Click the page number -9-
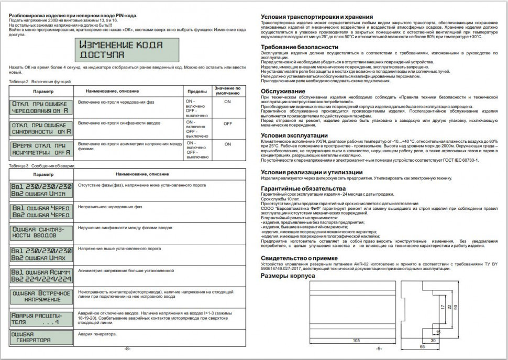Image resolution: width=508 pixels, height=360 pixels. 379,348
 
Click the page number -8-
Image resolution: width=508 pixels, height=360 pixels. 127,348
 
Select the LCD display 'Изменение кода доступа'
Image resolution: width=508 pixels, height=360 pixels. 126,50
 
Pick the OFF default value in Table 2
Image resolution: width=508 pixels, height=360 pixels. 227,124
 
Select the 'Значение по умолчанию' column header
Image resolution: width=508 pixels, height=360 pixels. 227,91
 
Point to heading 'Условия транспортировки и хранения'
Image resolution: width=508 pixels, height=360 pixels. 317,17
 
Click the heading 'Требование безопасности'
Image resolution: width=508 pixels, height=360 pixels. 300,47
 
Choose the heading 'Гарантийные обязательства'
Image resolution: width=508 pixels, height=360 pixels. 303,188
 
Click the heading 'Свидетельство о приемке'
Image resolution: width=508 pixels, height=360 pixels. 299,258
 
